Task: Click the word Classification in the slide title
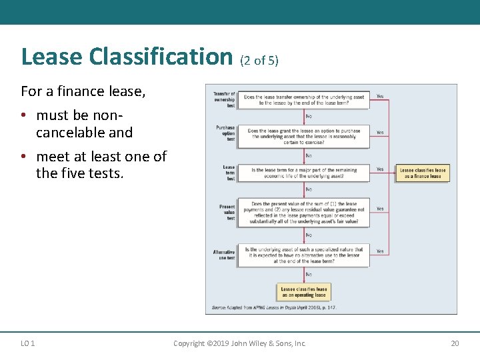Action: tap(160, 57)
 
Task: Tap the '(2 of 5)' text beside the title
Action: tap(259, 61)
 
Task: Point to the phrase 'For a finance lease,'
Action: tap(83, 91)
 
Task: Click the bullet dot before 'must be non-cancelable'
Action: tap(23, 116)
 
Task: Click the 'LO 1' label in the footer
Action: tap(28, 343)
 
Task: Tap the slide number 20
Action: tap(455, 343)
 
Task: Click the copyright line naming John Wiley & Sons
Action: tap(239, 343)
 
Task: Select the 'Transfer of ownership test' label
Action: tap(224, 100)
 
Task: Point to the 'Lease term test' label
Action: tap(229, 173)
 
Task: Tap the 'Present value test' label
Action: tap(227, 212)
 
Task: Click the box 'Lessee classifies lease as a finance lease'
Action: tap(421, 173)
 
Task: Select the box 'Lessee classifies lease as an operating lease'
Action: tap(304, 292)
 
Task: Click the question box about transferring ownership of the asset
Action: tap(303, 100)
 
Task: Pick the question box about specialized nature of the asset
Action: tap(303, 255)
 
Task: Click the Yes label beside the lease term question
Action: tap(380, 169)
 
